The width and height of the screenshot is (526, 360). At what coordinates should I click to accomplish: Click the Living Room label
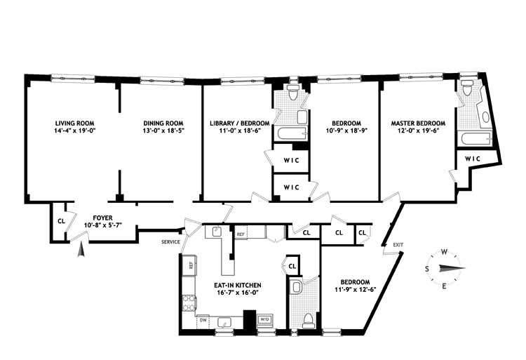point(75,123)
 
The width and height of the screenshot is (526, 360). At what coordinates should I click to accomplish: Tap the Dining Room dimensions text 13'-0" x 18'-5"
point(163,131)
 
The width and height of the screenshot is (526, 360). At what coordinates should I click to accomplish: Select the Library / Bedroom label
point(240,123)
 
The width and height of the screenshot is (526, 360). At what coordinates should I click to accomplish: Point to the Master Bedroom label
point(418,123)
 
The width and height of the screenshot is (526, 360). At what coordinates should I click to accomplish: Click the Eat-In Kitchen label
point(238,285)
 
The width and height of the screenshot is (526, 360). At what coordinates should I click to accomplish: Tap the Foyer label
point(102,218)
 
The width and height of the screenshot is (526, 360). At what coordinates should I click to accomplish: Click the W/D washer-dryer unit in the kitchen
point(265,320)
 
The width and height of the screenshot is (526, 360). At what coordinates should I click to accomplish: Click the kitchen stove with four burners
point(189,303)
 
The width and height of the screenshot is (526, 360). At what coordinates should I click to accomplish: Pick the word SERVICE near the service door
point(170,242)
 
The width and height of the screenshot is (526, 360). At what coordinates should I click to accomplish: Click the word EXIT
point(398,245)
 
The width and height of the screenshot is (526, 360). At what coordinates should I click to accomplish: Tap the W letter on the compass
point(445,252)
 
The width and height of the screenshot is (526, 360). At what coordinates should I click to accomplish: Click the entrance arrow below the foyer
point(81,251)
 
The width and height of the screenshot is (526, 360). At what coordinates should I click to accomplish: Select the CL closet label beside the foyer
point(61,221)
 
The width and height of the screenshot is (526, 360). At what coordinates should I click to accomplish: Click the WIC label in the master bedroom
point(472,159)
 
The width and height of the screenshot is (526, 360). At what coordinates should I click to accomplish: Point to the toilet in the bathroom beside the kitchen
point(307,320)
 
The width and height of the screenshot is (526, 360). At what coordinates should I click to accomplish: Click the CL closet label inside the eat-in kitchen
point(292,267)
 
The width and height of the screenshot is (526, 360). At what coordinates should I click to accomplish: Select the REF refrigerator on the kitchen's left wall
point(189,266)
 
